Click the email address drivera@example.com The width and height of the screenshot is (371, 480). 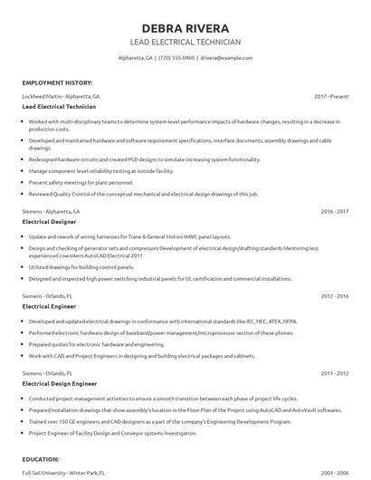coord(225,57)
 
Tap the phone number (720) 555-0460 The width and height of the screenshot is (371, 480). coord(176,57)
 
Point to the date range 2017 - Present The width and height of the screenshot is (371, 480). coord(332,95)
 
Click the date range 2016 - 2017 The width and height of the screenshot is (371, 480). coord(334,211)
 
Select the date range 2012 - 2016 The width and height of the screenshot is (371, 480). coord(334,296)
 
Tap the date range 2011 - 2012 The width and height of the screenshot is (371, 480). coord(334,373)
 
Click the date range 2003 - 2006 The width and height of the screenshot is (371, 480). coord(334,473)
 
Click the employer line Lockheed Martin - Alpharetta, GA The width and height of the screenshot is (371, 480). coord(61,95)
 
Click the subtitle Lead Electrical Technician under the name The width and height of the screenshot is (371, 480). coord(185,43)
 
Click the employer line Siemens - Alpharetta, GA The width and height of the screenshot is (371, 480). coord(52,211)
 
